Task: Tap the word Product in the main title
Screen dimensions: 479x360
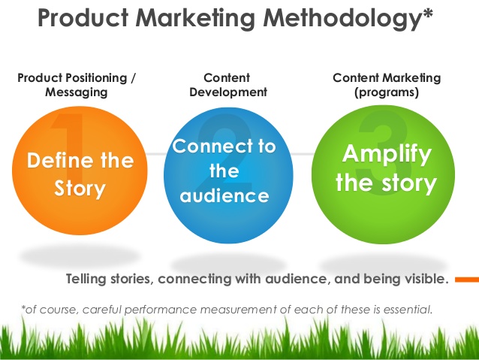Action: coord(83,18)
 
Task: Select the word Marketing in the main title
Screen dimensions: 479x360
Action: coord(195,19)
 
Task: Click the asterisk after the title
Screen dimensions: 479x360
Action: coord(428,13)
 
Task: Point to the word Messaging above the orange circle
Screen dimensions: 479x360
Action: coord(77,92)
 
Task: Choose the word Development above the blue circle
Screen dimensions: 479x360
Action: coord(228,92)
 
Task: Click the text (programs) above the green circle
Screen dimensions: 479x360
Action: coord(387,92)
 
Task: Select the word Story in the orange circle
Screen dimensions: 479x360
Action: coord(80,189)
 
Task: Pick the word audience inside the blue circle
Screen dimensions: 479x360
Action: coord(224,195)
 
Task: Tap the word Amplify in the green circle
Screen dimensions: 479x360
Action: coord(387,155)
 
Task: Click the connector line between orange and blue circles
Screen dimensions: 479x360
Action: coord(156,154)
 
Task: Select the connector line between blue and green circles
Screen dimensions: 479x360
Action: coord(303,154)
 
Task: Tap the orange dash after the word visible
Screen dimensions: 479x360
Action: coord(467,280)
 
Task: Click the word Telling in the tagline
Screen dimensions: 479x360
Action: coord(86,279)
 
